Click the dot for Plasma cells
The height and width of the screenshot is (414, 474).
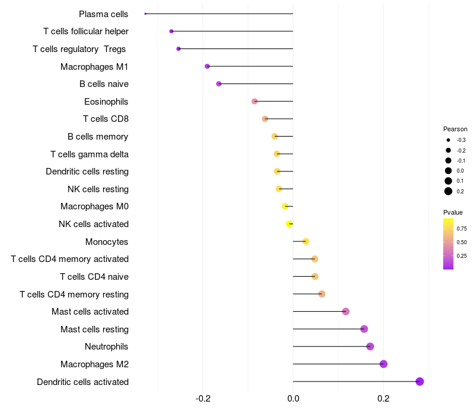pyautogui.click(x=145, y=14)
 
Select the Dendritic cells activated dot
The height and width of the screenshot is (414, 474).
pyautogui.click(x=419, y=381)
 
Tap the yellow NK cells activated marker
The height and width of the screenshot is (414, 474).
pyautogui.click(x=289, y=224)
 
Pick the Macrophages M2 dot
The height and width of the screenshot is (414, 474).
pyautogui.click(x=383, y=364)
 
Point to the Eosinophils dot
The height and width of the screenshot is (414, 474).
pyautogui.click(x=255, y=101)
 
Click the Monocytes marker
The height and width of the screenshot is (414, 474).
pyautogui.click(x=306, y=241)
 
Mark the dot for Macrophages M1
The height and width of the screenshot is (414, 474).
pyautogui.click(x=207, y=66)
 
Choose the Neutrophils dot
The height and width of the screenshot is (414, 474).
pyautogui.click(x=370, y=347)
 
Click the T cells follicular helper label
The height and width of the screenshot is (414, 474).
pyautogui.click(x=86, y=31)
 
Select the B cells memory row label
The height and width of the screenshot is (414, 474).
pyautogui.click(x=98, y=137)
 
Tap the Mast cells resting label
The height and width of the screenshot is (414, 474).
pyautogui.click(x=95, y=329)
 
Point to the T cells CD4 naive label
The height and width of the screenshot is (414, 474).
pyautogui.click(x=94, y=277)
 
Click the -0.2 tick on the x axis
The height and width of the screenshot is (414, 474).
pyautogui.click(x=203, y=399)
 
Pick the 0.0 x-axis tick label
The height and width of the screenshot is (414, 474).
pyautogui.click(x=293, y=399)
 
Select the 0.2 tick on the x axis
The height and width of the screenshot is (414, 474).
pyautogui.click(x=383, y=399)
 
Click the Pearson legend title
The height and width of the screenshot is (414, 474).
pyautogui.click(x=455, y=129)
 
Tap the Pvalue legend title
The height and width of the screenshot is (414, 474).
pyautogui.click(x=453, y=212)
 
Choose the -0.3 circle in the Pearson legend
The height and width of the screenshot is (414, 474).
pyautogui.click(x=449, y=140)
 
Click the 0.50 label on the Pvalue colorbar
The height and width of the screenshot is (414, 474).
pyautogui.click(x=462, y=242)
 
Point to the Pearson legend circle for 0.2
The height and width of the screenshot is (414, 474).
pyautogui.click(x=449, y=191)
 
